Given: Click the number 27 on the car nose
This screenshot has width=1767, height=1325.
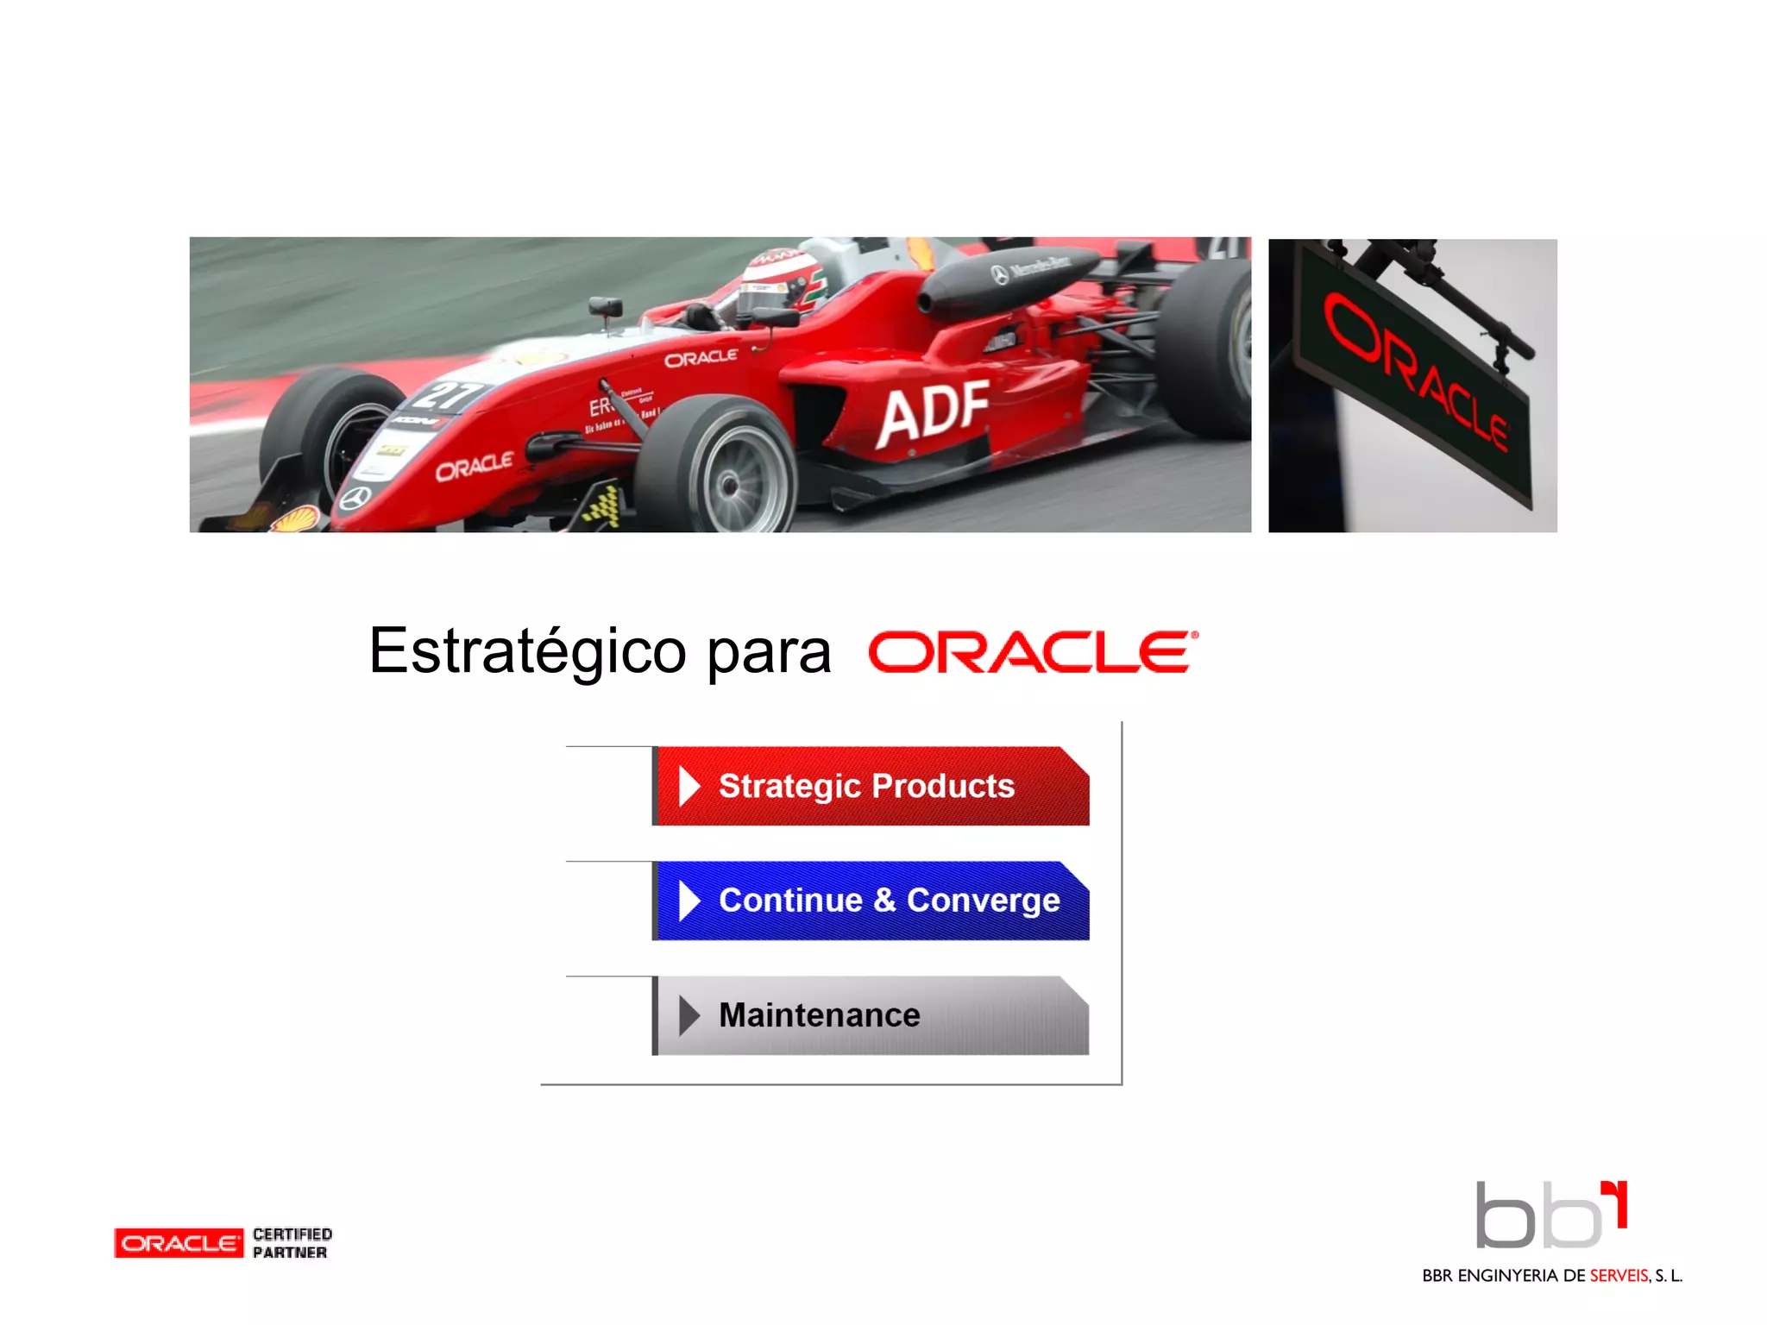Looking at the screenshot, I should (x=447, y=395).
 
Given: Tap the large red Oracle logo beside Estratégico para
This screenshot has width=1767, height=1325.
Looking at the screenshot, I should (x=1033, y=652).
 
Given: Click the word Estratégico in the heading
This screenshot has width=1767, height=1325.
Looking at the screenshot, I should (x=527, y=652).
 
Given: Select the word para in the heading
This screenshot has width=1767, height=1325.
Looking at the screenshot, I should (x=768, y=654).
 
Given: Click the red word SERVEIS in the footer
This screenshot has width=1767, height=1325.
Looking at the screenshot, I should (x=1619, y=1276).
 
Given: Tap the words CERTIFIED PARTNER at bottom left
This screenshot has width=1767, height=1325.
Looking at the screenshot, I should (x=292, y=1243).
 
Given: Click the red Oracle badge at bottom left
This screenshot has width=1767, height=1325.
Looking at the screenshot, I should (x=179, y=1243).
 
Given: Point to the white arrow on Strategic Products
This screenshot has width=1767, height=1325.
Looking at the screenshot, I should (x=689, y=786).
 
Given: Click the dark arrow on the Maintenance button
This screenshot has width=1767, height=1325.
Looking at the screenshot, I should (x=689, y=1015).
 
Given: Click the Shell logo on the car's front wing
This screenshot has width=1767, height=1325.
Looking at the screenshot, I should (x=295, y=518).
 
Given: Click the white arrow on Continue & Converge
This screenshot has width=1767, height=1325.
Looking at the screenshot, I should (x=689, y=901).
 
